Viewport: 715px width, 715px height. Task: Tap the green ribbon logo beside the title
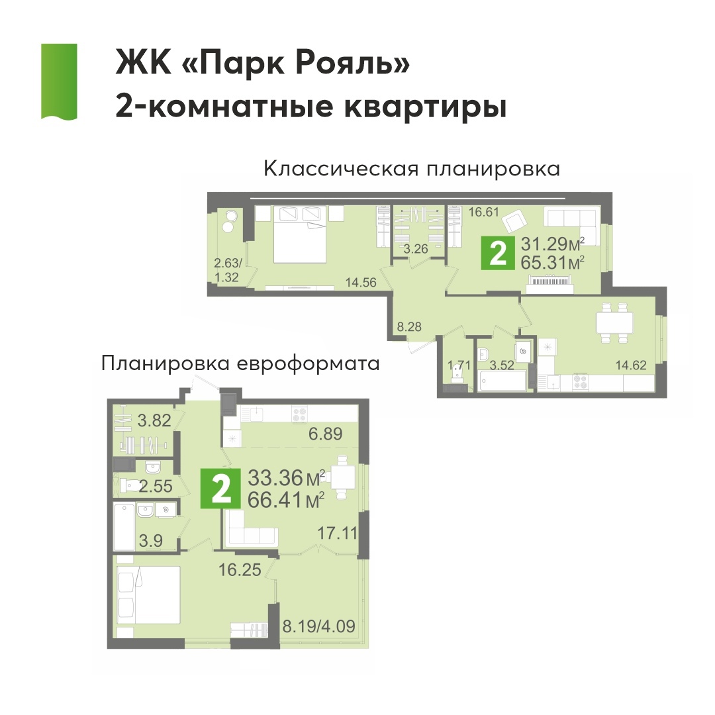(x=59, y=81)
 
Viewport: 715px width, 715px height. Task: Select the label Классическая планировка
(x=412, y=169)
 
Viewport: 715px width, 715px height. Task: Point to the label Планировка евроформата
(x=240, y=364)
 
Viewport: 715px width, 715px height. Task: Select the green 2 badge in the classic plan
(x=498, y=253)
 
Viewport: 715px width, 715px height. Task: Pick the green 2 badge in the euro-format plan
(x=220, y=489)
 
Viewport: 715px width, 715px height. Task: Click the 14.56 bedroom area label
(x=361, y=283)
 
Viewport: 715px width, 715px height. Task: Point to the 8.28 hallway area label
(x=409, y=326)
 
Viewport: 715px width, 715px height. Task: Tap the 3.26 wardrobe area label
(x=416, y=248)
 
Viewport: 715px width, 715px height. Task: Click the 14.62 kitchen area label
(x=631, y=365)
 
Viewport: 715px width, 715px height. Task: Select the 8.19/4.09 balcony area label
(x=318, y=626)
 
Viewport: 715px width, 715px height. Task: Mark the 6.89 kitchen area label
(x=326, y=434)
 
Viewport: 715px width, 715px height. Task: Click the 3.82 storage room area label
(x=154, y=420)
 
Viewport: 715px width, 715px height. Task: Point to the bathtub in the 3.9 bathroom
(x=124, y=526)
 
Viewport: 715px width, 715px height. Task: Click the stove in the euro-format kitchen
(x=300, y=414)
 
